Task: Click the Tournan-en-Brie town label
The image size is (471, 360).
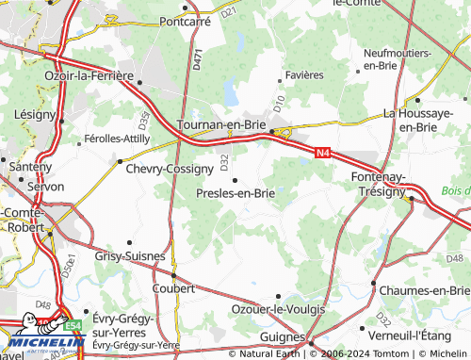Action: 221,123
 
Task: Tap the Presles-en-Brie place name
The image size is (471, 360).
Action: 235,193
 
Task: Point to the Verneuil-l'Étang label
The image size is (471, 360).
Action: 420,335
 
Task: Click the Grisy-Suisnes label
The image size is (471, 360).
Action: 130,255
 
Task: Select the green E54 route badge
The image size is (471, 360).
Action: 73,323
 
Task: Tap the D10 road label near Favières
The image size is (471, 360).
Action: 278,98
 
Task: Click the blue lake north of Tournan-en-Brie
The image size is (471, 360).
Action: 231,90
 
